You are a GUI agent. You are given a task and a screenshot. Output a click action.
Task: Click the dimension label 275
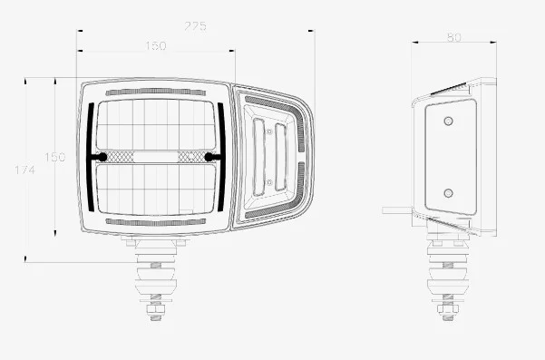(x=194, y=26)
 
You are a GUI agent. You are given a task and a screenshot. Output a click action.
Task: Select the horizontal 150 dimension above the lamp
(x=156, y=46)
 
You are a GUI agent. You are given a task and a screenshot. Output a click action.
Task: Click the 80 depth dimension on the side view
(x=454, y=37)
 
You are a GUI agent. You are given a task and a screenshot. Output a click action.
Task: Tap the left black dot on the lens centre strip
(x=100, y=157)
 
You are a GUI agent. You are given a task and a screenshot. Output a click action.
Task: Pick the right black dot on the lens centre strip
(x=211, y=157)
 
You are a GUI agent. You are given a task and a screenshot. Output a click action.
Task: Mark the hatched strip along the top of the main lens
(x=156, y=92)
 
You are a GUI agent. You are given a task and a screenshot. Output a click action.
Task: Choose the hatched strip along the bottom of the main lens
(x=156, y=221)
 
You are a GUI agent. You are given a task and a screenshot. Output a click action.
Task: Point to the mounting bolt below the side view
(x=446, y=283)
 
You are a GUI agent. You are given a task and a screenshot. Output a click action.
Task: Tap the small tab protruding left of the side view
(x=396, y=209)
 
